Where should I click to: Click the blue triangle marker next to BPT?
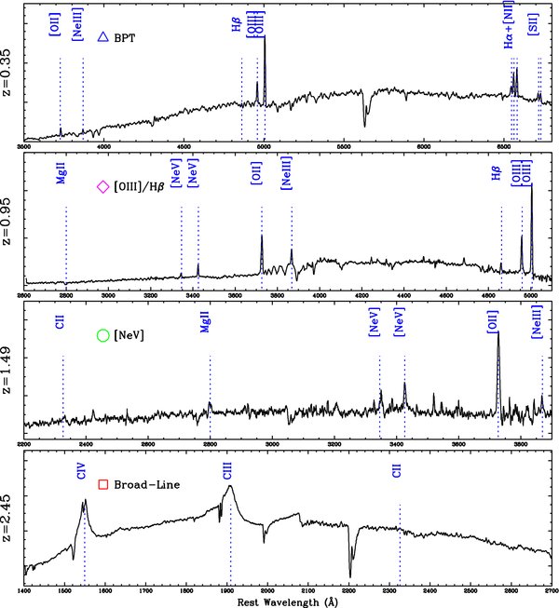[103, 37]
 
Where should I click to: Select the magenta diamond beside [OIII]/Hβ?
[103, 187]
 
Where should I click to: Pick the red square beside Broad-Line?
[103, 484]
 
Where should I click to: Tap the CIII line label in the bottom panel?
[227, 473]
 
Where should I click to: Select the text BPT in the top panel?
[124, 38]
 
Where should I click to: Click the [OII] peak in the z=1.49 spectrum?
[498, 334]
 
